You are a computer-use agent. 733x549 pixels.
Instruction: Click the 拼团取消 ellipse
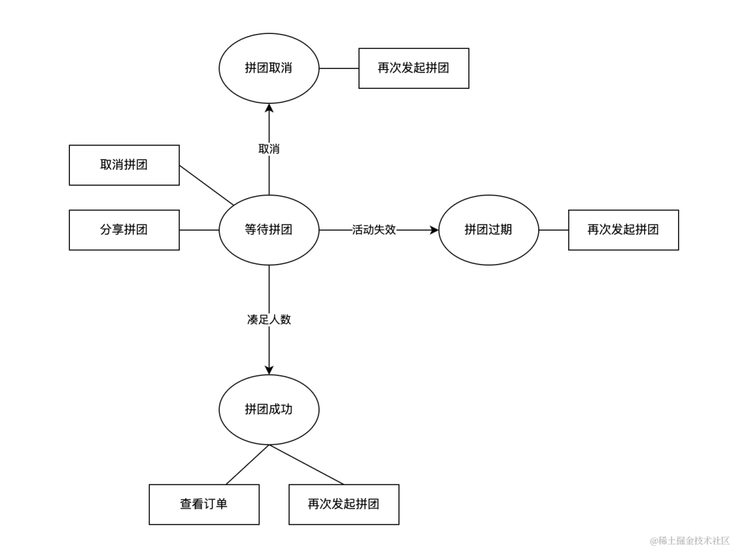269,68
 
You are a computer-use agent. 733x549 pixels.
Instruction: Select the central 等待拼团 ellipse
269,230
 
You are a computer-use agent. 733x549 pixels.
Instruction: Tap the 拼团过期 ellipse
489,230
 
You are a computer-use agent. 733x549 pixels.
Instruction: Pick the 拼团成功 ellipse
269,409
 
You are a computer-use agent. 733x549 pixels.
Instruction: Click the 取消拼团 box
124,165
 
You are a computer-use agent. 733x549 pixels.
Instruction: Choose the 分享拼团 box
124,230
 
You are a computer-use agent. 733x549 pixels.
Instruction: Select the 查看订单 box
204,504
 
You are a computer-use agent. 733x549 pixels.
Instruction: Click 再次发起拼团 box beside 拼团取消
413,68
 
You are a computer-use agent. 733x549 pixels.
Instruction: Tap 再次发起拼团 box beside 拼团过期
623,230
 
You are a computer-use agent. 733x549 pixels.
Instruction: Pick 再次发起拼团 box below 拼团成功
343,504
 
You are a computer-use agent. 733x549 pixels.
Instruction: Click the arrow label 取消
269,149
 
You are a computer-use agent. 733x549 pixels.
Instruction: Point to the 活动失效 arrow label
374,230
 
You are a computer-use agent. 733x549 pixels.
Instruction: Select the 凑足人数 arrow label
269,320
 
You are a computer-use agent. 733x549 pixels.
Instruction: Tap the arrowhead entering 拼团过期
434,230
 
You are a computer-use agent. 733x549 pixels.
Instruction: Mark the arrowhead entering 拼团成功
269,370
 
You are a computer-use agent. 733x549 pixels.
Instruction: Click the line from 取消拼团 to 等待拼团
206,185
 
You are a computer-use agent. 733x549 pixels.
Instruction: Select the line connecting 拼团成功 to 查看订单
248,465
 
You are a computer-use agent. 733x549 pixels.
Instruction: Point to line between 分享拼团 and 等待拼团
199,230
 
